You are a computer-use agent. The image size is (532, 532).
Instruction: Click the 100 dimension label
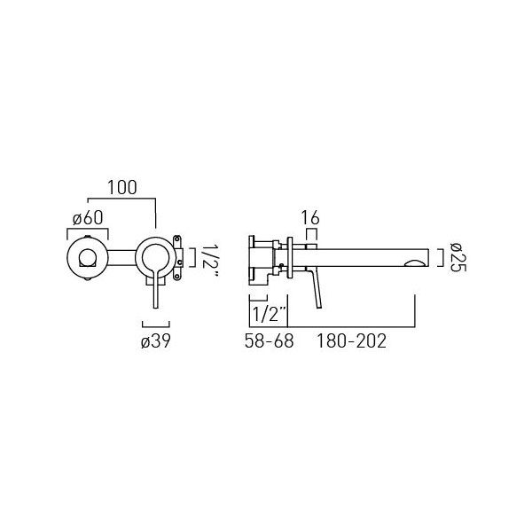click(x=122, y=188)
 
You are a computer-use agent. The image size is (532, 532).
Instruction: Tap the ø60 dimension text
click(x=88, y=218)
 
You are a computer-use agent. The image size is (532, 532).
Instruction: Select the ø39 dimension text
click(x=156, y=341)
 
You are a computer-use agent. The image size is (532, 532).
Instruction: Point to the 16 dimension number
click(x=311, y=218)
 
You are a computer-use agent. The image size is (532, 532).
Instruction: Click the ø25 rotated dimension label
click(x=458, y=257)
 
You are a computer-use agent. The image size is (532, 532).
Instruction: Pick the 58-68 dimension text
click(x=269, y=341)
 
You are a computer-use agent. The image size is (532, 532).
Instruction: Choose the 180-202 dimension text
click(x=351, y=341)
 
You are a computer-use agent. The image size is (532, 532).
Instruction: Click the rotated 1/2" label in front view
click(x=210, y=261)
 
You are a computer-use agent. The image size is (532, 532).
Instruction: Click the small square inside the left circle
click(x=88, y=257)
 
